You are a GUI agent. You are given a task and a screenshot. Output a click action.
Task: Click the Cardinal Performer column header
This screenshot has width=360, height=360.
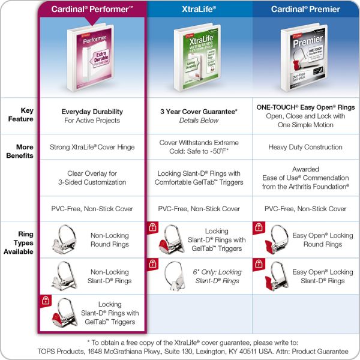(92, 9)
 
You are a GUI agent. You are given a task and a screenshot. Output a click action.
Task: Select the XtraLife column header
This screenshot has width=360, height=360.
(199, 9)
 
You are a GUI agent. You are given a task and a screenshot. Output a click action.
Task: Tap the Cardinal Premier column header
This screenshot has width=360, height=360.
(305, 9)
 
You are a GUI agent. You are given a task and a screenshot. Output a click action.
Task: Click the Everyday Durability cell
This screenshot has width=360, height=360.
(92, 116)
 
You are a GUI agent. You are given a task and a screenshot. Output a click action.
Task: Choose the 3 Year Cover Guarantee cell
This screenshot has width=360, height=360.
(199, 116)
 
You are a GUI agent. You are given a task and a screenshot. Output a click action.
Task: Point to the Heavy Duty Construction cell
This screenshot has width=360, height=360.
(305, 147)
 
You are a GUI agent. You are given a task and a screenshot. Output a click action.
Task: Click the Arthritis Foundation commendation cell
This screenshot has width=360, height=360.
(305, 178)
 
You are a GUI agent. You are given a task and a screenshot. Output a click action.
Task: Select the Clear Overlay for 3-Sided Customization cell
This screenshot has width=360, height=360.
(92, 178)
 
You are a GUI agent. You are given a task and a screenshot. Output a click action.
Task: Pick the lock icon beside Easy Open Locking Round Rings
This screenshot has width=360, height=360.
(259, 228)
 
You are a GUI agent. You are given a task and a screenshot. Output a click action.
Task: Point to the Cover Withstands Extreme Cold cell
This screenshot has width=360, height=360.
(199, 147)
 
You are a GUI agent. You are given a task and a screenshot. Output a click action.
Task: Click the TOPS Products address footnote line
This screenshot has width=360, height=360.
(180, 351)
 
